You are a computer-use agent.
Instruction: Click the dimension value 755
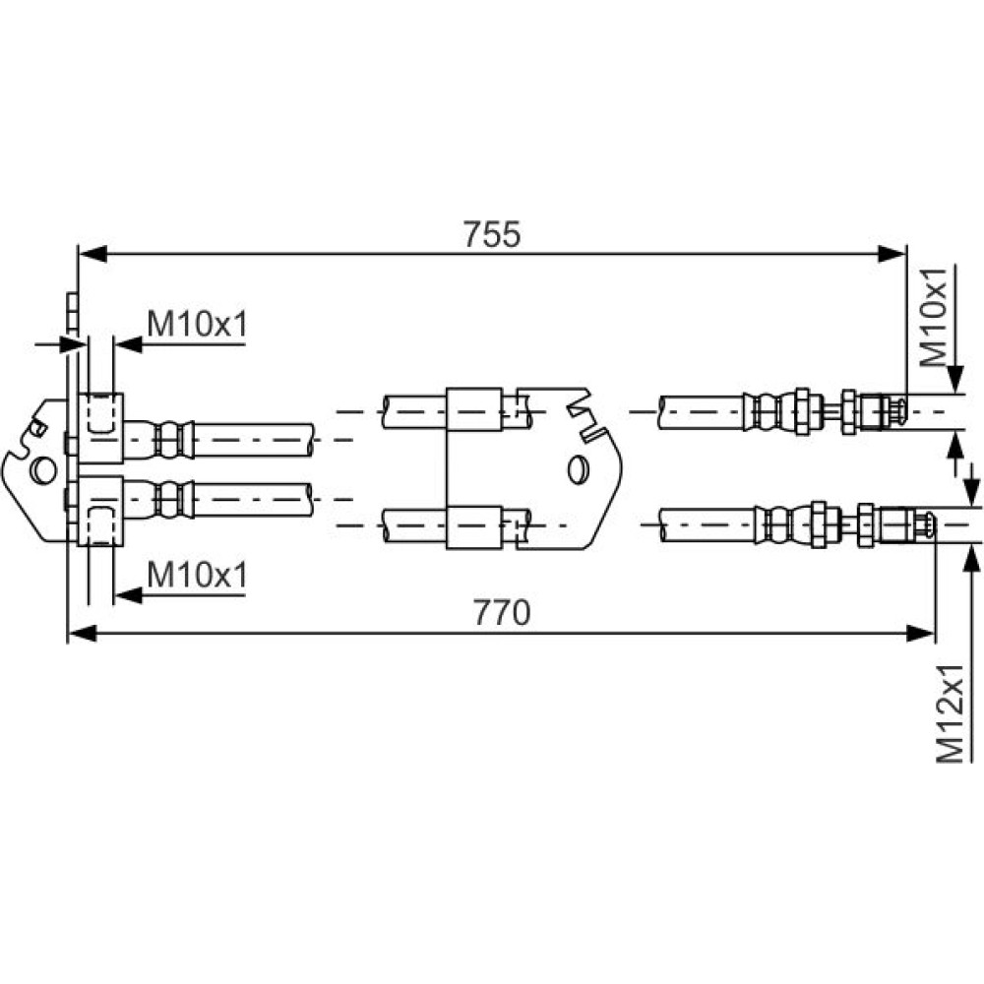point(492,234)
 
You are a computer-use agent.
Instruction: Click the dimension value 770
point(502,612)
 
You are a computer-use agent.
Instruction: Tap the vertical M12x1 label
point(950,713)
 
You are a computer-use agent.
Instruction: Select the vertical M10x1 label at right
point(932,318)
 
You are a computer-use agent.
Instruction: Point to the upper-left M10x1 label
point(198,325)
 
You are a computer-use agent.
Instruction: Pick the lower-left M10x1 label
point(198,575)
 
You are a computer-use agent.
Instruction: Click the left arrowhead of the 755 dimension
point(91,254)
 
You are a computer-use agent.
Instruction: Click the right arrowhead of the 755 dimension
point(892,254)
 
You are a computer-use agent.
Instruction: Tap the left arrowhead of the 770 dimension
point(82,633)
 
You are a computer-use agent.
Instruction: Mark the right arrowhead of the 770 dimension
point(921,633)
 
